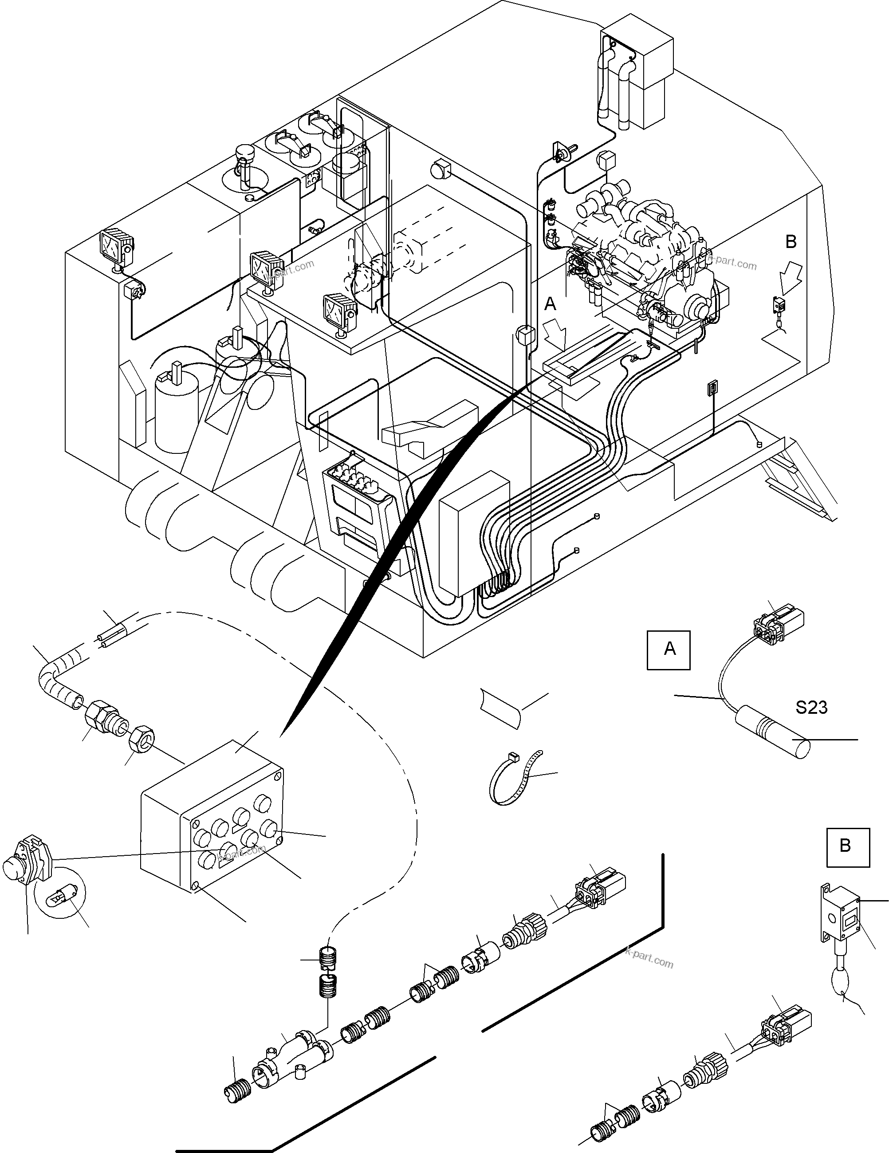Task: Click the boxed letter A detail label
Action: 669,650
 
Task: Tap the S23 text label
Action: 811,708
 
